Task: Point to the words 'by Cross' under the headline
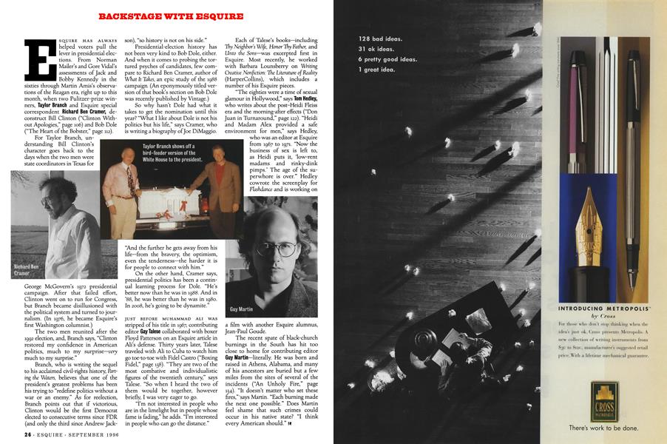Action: pos(603,315)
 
